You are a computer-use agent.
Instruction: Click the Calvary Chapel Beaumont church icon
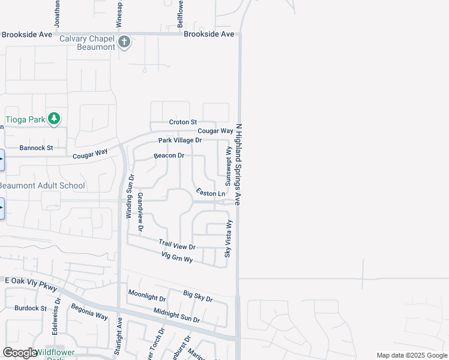[124, 42]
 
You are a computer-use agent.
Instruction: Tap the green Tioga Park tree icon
[54, 119]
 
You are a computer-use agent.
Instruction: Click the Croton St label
[183, 122]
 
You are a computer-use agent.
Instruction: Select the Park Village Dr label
[180, 140]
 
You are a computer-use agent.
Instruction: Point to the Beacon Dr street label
[169, 155]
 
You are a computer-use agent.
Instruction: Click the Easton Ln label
[211, 193]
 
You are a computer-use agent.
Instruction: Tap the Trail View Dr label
[177, 245]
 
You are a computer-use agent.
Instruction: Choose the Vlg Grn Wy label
[177, 258]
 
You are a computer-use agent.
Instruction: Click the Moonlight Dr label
[147, 297]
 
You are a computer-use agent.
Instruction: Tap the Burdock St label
[31, 308]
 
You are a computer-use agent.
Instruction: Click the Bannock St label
[36, 148]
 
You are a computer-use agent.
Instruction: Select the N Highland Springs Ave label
[239, 165]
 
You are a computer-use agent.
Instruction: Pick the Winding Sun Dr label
[129, 196]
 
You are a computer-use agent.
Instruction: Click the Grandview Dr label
[141, 212]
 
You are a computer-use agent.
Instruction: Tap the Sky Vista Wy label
[228, 238]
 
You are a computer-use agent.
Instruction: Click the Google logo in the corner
[20, 353]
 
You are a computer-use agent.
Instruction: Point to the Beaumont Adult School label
[43, 186]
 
